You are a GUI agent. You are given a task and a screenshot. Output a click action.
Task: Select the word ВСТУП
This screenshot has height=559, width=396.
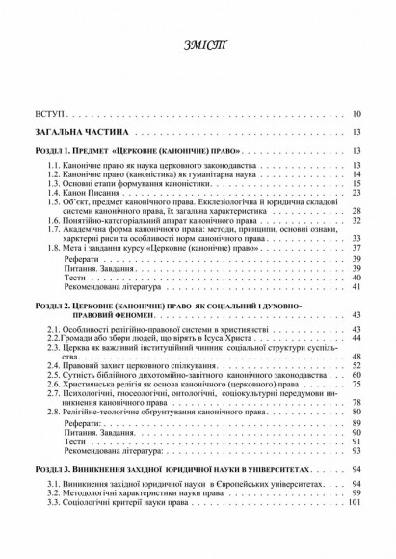[48, 114]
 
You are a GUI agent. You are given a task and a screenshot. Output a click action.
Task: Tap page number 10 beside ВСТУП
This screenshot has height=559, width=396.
[356, 114]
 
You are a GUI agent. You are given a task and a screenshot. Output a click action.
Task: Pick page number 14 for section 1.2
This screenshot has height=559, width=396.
[356, 175]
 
